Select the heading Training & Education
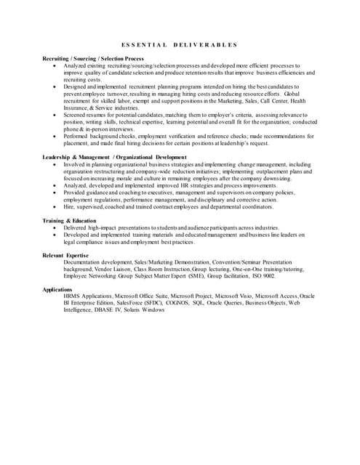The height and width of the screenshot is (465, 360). tap(69, 220)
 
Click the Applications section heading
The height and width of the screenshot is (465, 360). tap(57, 290)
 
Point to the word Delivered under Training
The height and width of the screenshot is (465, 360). tap(78, 227)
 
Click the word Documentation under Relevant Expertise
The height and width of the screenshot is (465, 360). tap(87, 262)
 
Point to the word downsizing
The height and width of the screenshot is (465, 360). tap(274, 178)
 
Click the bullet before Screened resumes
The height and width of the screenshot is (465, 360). tap(56, 115)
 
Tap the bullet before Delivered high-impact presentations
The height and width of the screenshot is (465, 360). tap(56, 227)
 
